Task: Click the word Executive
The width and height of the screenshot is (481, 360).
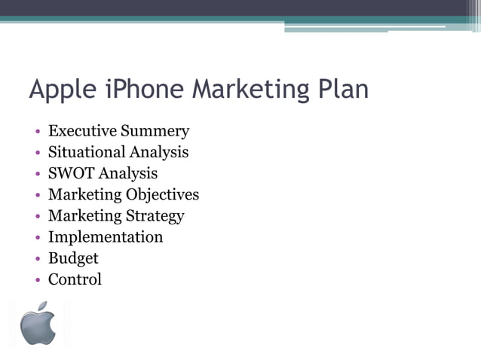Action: click(x=82, y=131)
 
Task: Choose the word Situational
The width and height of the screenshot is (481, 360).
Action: click(x=86, y=152)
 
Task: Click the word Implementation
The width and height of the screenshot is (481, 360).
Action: click(x=106, y=237)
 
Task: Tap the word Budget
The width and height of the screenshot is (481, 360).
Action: click(x=73, y=258)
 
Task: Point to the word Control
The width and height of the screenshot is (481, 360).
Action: click(x=75, y=279)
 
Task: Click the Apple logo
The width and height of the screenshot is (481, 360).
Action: click(x=38, y=326)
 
